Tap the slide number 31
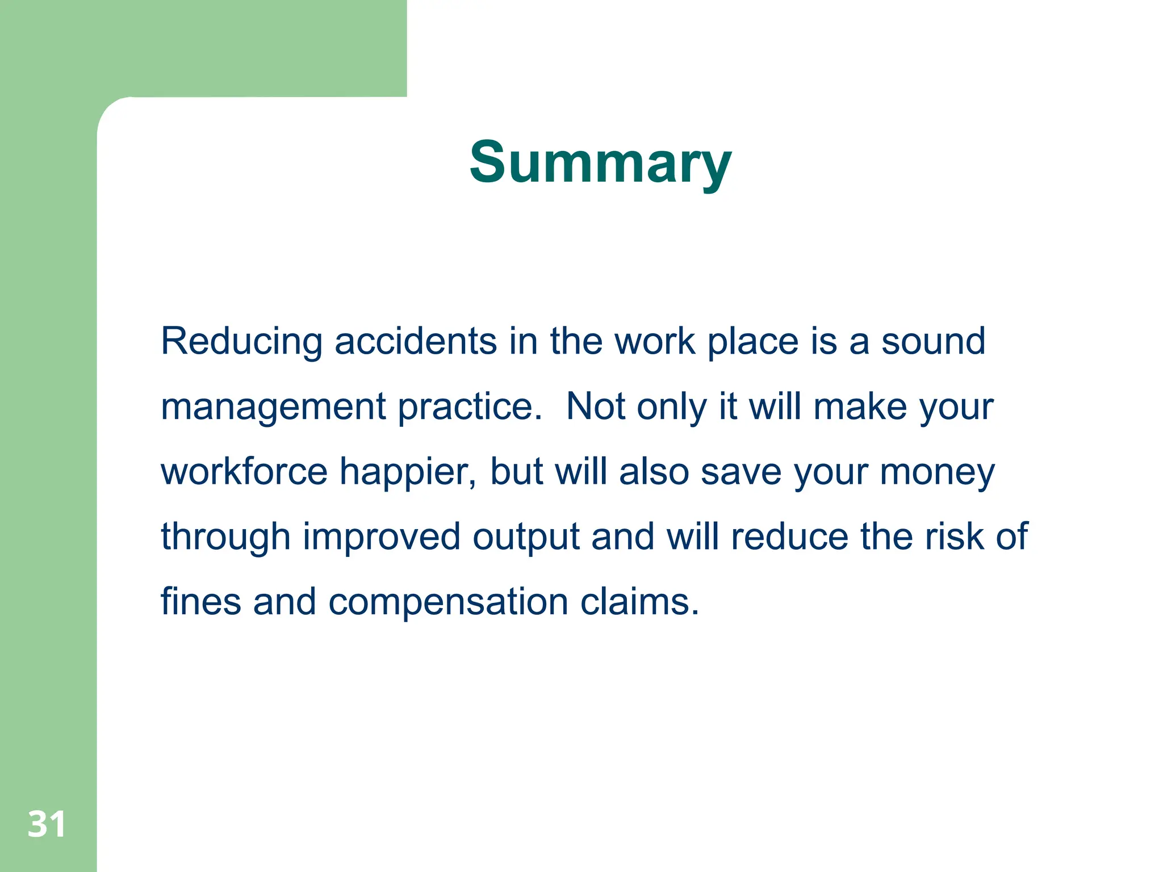[47, 824]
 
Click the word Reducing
[241, 342]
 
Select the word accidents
[416, 342]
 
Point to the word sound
[933, 342]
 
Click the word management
[273, 408]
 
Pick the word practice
[470, 408]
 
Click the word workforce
[244, 472]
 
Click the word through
[225, 538]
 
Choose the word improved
[381, 538]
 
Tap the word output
[526, 538]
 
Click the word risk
[954, 536]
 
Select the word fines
[200, 602]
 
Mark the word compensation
[448, 603]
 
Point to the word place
[752, 343]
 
